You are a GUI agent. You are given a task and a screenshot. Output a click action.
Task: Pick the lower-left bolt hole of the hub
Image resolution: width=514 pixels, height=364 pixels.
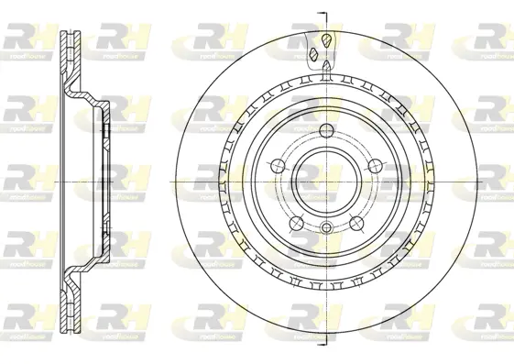[x=294, y=222]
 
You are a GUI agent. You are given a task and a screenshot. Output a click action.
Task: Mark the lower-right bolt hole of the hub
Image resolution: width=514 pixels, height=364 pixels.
[x=357, y=223]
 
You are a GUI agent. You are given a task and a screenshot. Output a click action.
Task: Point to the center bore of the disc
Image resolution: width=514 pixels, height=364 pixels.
[x=326, y=181]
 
